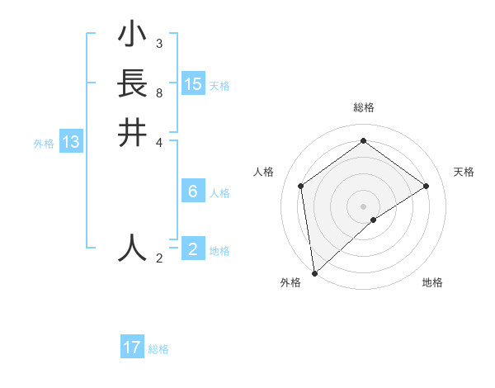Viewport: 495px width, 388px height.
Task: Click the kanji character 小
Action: pyautogui.click(x=132, y=35)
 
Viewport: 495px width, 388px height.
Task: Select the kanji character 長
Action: pyautogui.click(x=132, y=84)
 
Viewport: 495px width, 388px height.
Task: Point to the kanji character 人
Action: pyautogui.click(x=132, y=248)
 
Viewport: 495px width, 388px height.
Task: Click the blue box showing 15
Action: pyautogui.click(x=193, y=84)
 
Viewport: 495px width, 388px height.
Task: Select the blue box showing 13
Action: pyautogui.click(x=71, y=142)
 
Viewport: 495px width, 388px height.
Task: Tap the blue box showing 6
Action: pyautogui.click(x=193, y=192)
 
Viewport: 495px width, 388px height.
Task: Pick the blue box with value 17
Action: pyautogui.click(x=132, y=348)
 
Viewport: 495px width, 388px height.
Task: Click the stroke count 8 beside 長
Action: pyautogui.click(x=158, y=93)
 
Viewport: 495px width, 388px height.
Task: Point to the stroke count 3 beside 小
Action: pyautogui.click(x=158, y=44)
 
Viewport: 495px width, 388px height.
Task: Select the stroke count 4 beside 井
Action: pyautogui.click(x=158, y=142)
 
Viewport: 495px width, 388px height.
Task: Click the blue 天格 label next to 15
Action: pyautogui.click(x=219, y=85)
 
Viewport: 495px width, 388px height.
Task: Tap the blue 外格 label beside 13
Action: pyautogui.click(x=44, y=143)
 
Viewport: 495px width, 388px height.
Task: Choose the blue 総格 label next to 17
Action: pyautogui.click(x=158, y=348)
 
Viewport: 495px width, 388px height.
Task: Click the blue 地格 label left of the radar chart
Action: pyautogui.click(x=219, y=251)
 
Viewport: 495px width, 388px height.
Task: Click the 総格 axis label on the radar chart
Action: pyautogui.click(x=363, y=107)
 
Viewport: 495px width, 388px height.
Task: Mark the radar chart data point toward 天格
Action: pyautogui.click(x=427, y=186)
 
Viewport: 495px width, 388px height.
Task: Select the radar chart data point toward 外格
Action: pyautogui.click(x=314, y=272)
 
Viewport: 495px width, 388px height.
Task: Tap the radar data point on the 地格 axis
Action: pyautogui.click(x=374, y=220)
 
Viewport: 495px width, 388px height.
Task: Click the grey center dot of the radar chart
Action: pyautogui.click(x=363, y=206)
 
